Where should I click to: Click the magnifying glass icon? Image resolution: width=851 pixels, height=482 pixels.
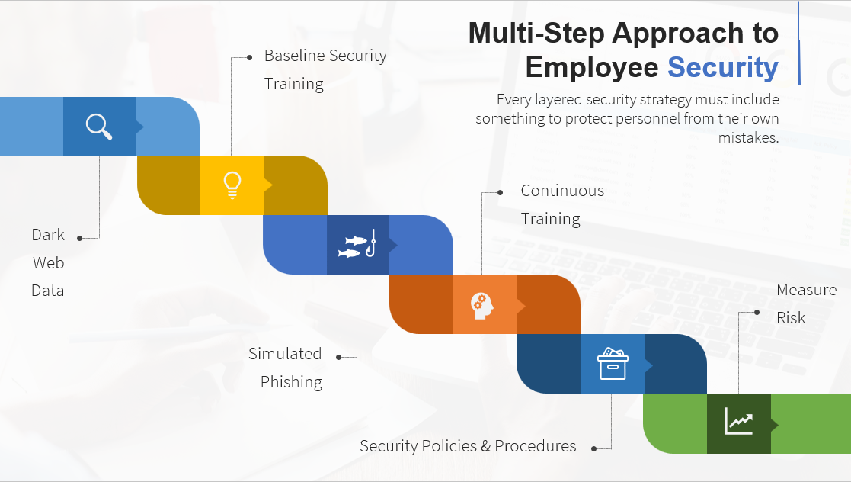tap(99, 127)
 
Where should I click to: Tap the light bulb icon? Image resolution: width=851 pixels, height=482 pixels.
tap(232, 185)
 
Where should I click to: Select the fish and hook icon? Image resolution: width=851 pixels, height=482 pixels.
tap(357, 244)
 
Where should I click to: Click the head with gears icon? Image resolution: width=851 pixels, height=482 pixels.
tap(481, 306)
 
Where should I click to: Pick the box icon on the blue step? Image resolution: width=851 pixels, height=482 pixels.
tap(613, 364)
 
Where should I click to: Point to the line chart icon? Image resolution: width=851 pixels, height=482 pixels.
tap(739, 421)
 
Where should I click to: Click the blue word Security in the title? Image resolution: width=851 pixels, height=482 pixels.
tap(723, 68)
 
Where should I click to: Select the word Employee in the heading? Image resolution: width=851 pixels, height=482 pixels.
tap(591, 68)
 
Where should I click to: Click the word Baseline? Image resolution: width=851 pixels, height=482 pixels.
tap(294, 56)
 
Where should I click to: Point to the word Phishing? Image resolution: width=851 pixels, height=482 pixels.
tap(292, 382)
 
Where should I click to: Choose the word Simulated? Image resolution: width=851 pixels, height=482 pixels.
tap(285, 354)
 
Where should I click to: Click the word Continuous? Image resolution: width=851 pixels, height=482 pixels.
tap(562, 191)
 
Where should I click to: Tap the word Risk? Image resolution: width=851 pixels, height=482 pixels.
tap(791, 318)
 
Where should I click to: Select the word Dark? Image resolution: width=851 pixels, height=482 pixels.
tap(48, 235)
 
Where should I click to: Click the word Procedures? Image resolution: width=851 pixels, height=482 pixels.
tap(535, 446)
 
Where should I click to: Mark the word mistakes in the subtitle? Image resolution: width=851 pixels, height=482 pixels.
tap(748, 137)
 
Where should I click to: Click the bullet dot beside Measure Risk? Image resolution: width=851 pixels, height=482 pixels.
tap(757, 313)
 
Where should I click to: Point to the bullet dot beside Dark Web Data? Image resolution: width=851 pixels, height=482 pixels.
tap(80, 238)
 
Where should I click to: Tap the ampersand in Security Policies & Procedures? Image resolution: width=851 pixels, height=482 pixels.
tap(485, 446)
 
